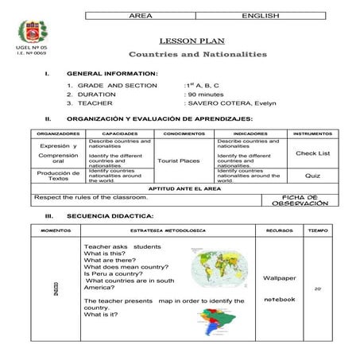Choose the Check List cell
[312, 153]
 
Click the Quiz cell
[312, 176]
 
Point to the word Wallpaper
[279, 278]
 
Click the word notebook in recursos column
[279, 299]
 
